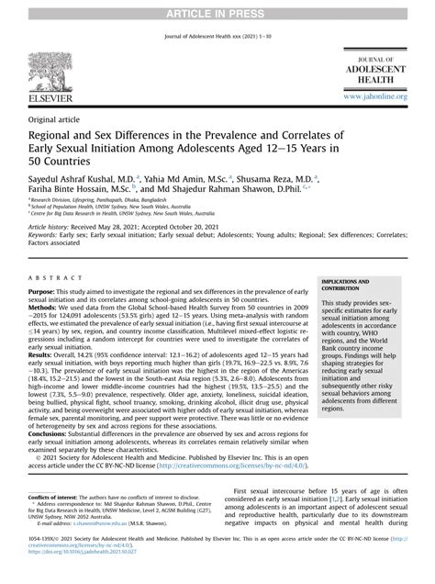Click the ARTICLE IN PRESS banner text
[x=217, y=8]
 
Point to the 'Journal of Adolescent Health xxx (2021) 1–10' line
[x=217, y=37]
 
